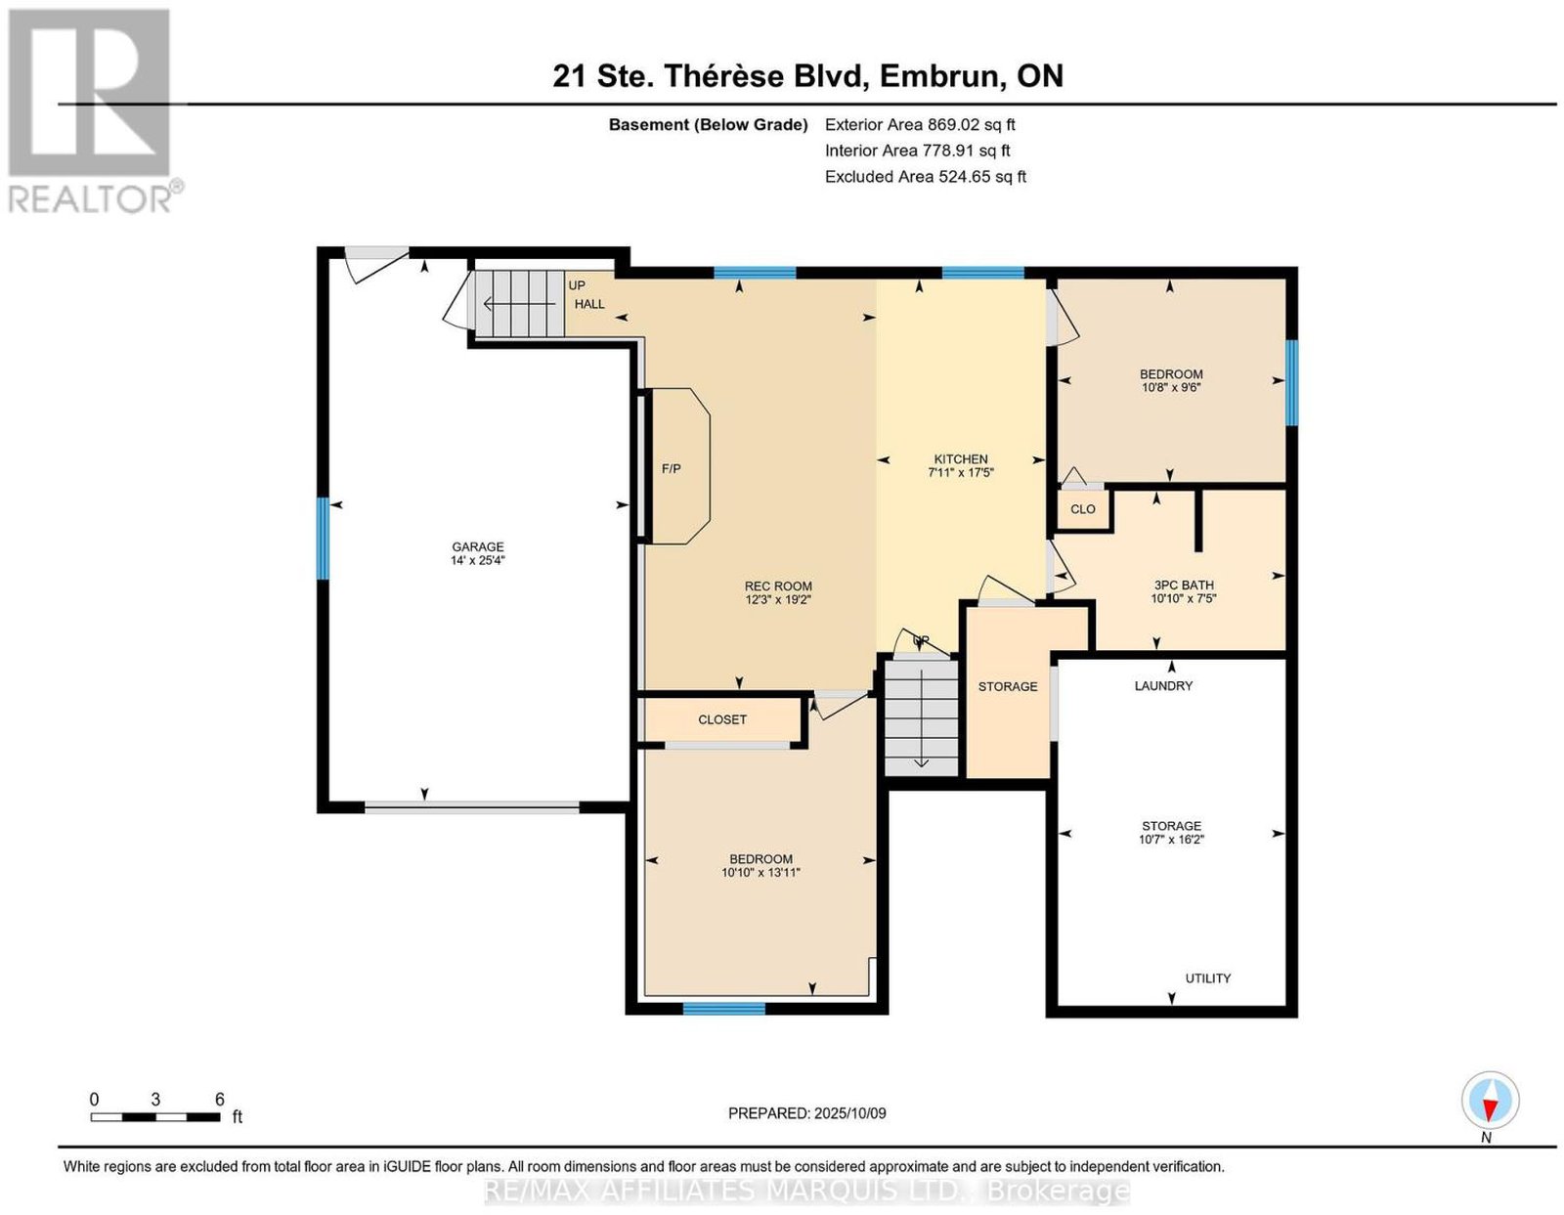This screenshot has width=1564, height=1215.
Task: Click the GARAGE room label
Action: [x=477, y=546]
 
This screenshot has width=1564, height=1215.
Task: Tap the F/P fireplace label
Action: [x=671, y=468]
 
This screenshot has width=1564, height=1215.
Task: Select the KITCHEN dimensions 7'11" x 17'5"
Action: [x=961, y=473]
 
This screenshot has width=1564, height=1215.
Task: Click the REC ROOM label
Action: [x=778, y=586]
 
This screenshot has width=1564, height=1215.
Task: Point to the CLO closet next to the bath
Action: [x=1082, y=508]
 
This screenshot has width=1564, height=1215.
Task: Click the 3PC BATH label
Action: [x=1184, y=585]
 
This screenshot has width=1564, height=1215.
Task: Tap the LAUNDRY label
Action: [x=1163, y=685]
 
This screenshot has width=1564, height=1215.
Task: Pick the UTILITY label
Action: [x=1208, y=977]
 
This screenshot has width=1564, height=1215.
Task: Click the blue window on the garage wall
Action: [x=324, y=539]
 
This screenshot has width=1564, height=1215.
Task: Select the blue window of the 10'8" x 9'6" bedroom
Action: [x=1291, y=382]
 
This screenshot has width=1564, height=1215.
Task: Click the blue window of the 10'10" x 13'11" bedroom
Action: [x=723, y=1009]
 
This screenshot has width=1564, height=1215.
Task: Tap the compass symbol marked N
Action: [x=1490, y=1102]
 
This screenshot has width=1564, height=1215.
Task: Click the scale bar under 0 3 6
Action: [x=154, y=1117]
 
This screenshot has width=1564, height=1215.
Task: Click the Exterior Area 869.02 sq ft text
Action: [x=920, y=124]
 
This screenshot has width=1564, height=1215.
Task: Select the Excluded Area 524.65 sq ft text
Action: [x=925, y=176]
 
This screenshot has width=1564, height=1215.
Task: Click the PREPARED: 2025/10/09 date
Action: [x=806, y=1112]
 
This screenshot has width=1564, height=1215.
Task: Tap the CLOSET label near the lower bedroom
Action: [x=722, y=719]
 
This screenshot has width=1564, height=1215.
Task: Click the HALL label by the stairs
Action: [x=588, y=304]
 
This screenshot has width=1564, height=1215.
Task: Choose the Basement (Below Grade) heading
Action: [x=708, y=124]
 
